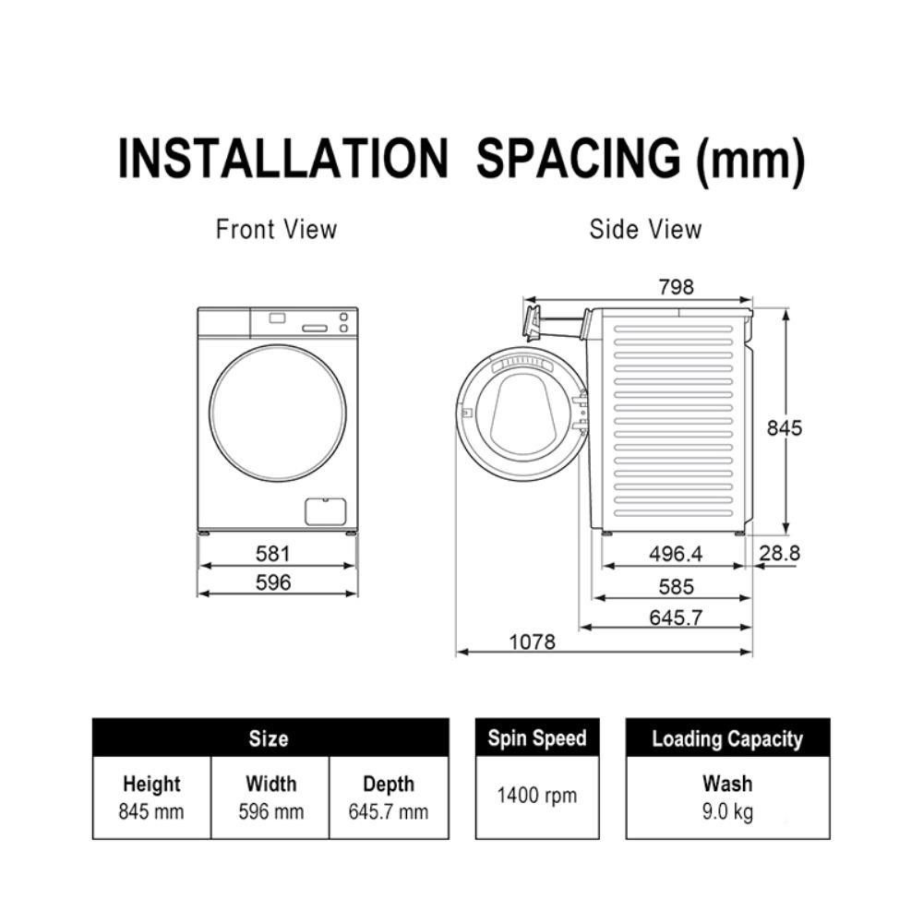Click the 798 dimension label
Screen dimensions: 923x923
pos(677,287)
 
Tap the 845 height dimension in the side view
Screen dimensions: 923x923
pos(784,428)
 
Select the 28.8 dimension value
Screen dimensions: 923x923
pos(779,553)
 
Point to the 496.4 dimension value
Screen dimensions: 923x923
pos(676,553)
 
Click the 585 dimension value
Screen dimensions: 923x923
pos(677,586)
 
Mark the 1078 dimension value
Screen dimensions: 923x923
pos(533,641)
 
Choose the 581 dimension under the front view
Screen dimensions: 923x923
pos(273,553)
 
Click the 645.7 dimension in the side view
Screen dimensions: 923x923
pos(676,617)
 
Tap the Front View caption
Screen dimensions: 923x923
pos(276,229)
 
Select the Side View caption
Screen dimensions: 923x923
pos(645,229)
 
